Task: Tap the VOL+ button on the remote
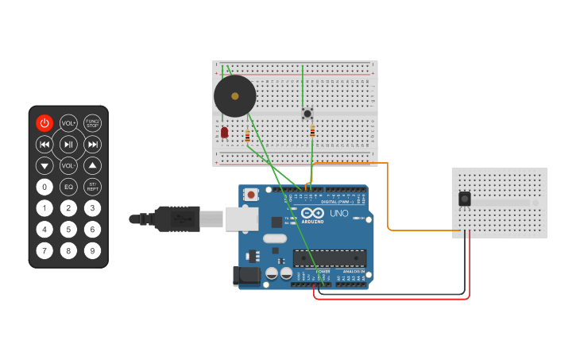[68, 123]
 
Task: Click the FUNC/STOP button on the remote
[93, 123]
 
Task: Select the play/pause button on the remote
[68, 144]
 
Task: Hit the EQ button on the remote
[68, 187]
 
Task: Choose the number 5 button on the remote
[68, 230]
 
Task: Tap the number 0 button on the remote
[44, 187]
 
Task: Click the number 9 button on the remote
[93, 251]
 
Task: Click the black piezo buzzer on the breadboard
[235, 96]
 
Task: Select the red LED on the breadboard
[225, 132]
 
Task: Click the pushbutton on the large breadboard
[307, 114]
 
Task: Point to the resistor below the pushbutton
[312, 131]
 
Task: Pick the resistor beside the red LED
[247, 137]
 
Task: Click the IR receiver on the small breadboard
[464, 199]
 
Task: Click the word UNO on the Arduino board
[339, 214]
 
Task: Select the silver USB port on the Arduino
[242, 219]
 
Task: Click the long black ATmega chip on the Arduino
[330, 257]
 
